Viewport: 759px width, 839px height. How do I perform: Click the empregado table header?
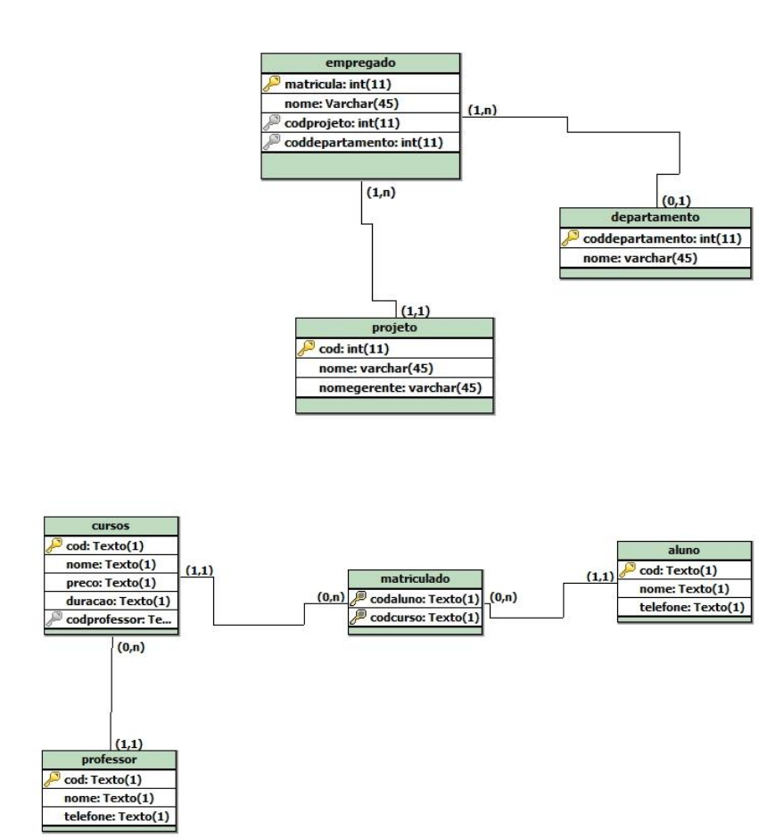(360, 63)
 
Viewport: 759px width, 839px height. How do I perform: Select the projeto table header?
(393, 328)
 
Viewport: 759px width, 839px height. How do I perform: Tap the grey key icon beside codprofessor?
(53, 619)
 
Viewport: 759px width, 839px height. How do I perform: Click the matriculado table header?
(414, 578)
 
